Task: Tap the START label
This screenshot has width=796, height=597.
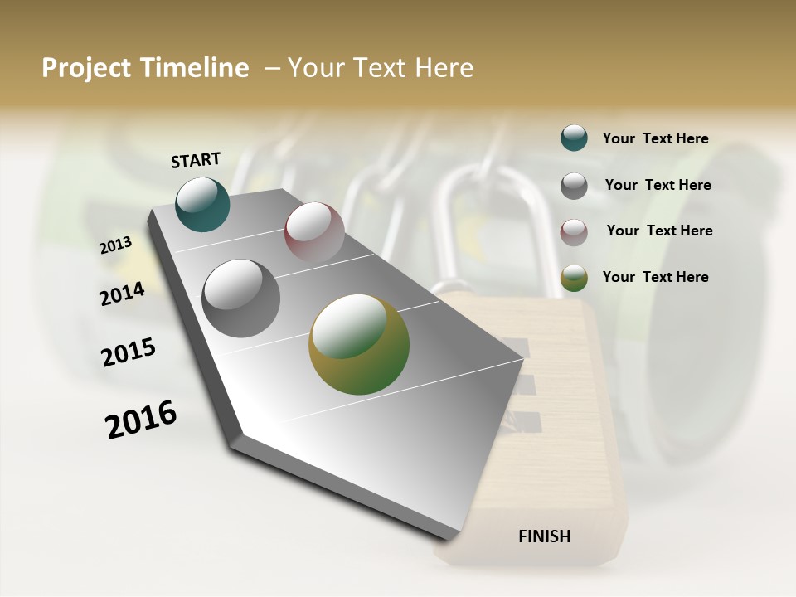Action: tap(196, 159)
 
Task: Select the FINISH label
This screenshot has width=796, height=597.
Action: tap(545, 536)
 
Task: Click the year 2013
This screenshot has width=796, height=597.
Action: tap(116, 245)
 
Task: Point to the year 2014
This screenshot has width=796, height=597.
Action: tap(123, 294)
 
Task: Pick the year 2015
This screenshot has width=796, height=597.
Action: tap(129, 352)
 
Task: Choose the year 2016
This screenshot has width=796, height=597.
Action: tap(141, 420)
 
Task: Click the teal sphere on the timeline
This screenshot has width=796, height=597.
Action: tap(203, 204)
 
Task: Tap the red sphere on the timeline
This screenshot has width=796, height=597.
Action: tap(314, 232)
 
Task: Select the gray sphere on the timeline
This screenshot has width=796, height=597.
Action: tap(241, 298)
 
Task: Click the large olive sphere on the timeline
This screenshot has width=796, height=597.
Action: tap(359, 344)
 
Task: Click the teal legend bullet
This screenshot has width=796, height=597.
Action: tap(574, 138)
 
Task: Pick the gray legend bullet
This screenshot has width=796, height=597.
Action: tap(574, 186)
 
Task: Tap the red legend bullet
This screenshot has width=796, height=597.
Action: tap(574, 232)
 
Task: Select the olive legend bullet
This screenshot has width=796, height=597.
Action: tap(574, 279)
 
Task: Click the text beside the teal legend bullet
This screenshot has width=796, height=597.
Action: tap(656, 138)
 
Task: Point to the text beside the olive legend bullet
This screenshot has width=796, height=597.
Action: tap(656, 277)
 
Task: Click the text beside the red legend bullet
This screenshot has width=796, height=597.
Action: tap(659, 231)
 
